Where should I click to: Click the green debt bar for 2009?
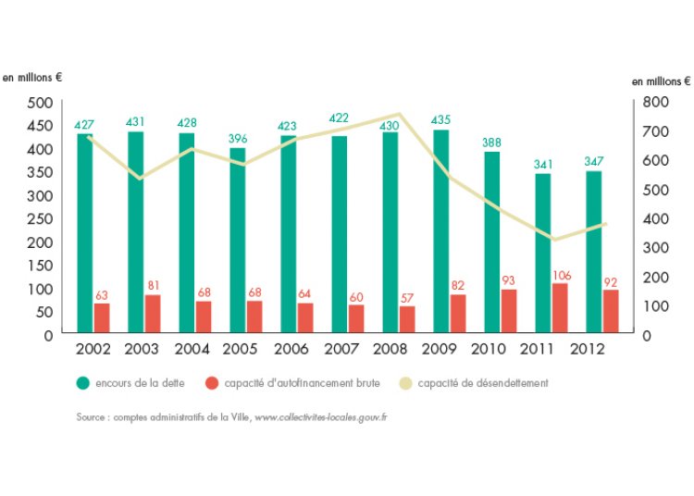(441, 231)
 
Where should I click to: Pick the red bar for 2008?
(407, 319)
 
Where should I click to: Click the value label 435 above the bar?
(441, 120)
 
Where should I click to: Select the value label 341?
(543, 165)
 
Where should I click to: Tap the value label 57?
(407, 297)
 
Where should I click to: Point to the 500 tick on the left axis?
(38, 102)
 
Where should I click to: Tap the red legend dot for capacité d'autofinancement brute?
(212, 382)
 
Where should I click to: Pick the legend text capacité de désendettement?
(482, 382)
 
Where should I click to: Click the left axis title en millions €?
(31, 78)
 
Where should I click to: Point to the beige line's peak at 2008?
(398, 114)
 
